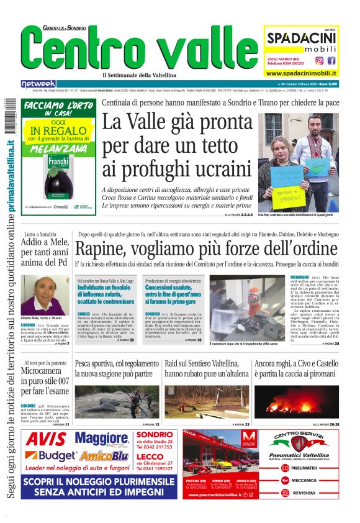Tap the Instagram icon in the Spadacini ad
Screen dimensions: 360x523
pos(319,60)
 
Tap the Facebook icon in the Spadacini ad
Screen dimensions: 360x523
pos(331,60)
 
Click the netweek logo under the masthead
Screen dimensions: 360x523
pos(38,84)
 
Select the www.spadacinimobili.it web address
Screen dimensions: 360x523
pos(301,72)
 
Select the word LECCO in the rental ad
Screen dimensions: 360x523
pos(149,457)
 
